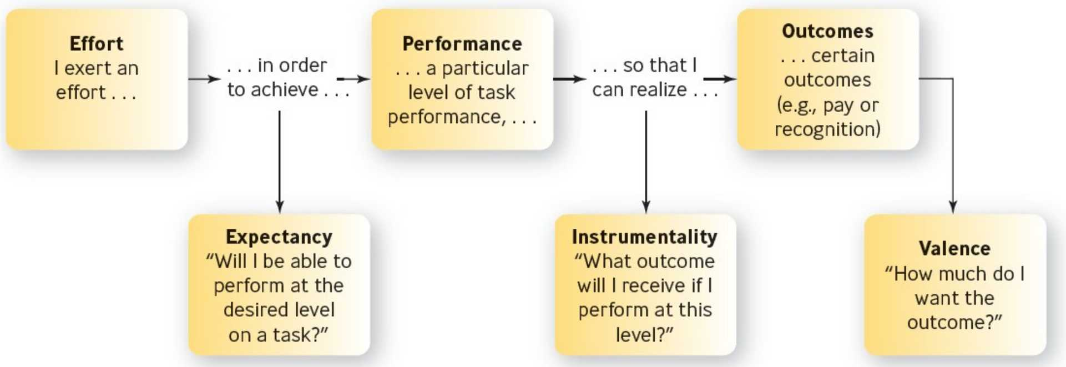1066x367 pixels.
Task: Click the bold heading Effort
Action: pyautogui.click(x=97, y=43)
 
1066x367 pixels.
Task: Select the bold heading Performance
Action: pyautogui.click(x=462, y=43)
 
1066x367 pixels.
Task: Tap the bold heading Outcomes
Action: pyautogui.click(x=827, y=31)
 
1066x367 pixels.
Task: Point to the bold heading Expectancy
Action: pyautogui.click(x=279, y=237)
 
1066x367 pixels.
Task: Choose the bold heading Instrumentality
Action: pyautogui.click(x=644, y=237)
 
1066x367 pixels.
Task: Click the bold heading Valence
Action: pyautogui.click(x=954, y=248)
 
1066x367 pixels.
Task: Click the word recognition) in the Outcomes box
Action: pyautogui.click(x=827, y=129)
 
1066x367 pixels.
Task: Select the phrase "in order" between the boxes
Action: pyautogui.click(x=292, y=65)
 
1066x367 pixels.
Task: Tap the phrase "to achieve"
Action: pyautogui.click(x=272, y=89)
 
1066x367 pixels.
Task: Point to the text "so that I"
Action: pyautogui.click(x=659, y=65)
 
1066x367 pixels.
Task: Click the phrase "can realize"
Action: pyautogui.click(x=639, y=89)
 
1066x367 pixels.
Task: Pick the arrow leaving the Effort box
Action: pyautogui.click(x=204, y=79)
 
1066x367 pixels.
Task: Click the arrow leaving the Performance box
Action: pyautogui.click(x=569, y=79)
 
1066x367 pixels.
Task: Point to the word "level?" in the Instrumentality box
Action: pyautogui.click(x=644, y=335)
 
